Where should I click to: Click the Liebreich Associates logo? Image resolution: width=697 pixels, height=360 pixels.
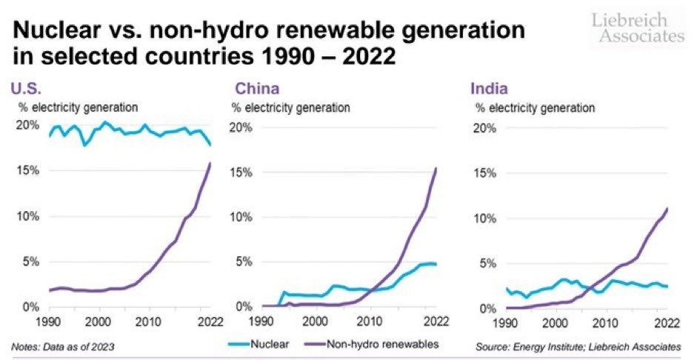pos(638,27)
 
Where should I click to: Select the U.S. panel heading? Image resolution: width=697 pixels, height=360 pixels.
pos(25,90)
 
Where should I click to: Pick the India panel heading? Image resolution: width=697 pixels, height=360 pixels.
pos(489,90)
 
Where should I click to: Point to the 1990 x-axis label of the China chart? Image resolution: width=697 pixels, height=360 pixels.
pos(261,321)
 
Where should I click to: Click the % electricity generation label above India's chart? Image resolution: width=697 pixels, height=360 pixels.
pos(535,108)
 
